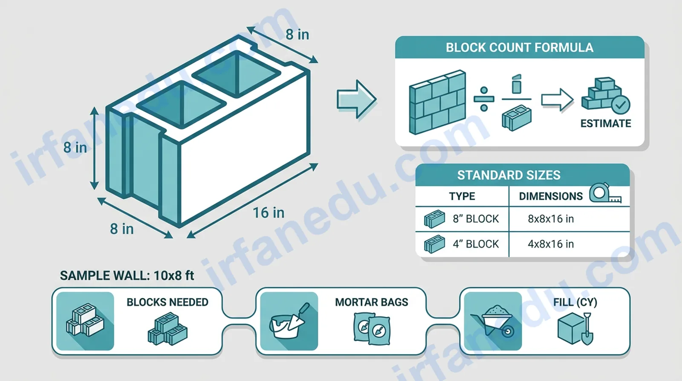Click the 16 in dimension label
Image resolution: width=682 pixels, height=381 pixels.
[269, 212]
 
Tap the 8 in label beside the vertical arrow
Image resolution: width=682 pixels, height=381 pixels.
[75, 148]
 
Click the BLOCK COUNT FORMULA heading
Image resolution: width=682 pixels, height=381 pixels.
[520, 47]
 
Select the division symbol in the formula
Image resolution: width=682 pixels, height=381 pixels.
[484, 99]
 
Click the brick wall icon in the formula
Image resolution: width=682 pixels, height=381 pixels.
[437, 102]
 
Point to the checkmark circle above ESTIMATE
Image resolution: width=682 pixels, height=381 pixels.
[621, 105]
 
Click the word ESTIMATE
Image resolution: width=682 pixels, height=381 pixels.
[606, 123]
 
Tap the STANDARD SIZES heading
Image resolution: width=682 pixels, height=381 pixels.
[509, 175]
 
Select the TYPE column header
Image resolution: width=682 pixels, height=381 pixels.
[462, 196]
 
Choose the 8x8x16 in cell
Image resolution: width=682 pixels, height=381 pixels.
[551, 219]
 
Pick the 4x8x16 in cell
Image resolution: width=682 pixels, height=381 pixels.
[551, 244]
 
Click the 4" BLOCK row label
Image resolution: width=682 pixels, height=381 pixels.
[476, 244]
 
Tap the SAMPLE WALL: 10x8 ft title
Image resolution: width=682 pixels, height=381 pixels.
[127, 276]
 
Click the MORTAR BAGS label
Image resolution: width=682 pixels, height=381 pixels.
[371, 302]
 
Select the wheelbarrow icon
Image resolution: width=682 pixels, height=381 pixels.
[493, 321]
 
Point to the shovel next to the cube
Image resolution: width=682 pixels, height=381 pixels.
[588, 329]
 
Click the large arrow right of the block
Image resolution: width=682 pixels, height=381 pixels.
[356, 99]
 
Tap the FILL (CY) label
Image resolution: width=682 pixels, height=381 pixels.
[575, 302]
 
